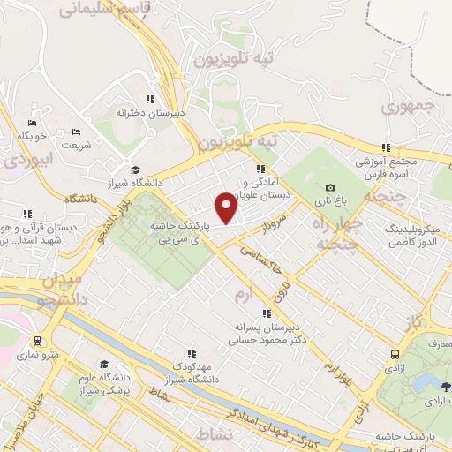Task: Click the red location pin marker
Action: [227, 207]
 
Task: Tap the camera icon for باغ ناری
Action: [330, 187]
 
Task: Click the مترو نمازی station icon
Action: [37, 341]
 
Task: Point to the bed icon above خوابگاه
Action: [33, 123]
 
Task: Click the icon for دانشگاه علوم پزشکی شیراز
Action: [104, 364]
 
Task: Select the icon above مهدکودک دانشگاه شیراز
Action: [192, 353]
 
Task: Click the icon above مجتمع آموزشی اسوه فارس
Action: [385, 147]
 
